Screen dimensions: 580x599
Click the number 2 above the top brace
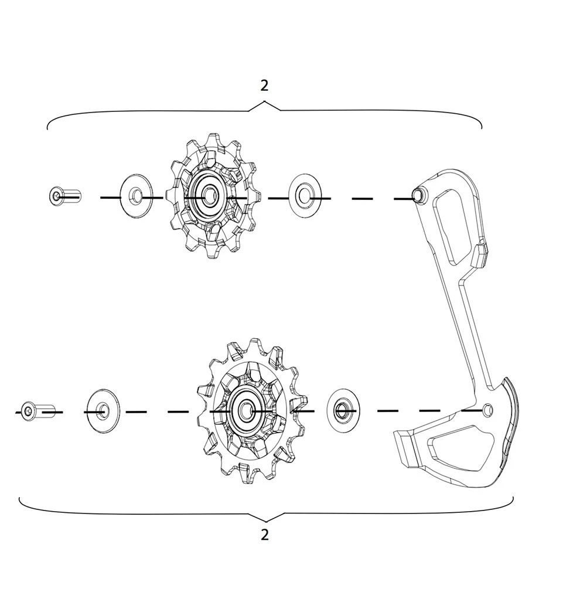[x=264, y=86]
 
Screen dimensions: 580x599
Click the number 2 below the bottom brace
[x=265, y=535]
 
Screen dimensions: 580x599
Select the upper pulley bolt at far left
[x=65, y=195]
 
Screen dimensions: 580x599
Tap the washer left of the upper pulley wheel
[x=137, y=196]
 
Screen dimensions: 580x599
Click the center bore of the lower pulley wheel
[x=245, y=410]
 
